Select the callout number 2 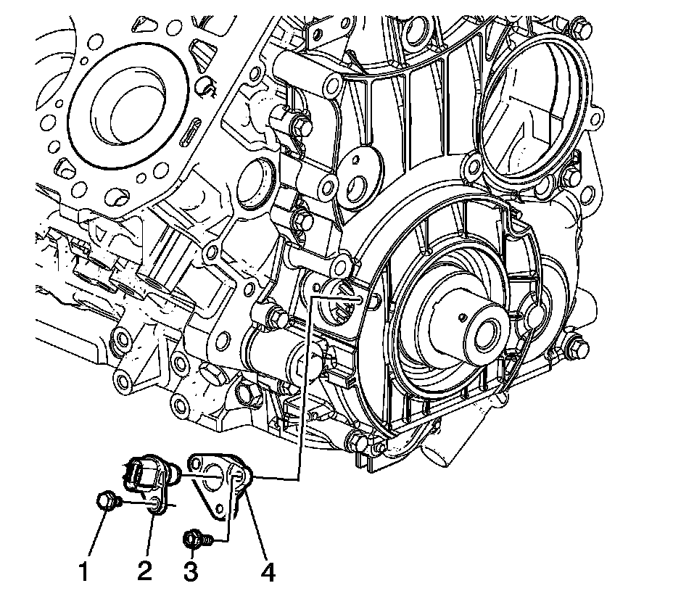click(144, 571)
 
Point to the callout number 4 click(268, 571)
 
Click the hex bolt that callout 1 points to click(107, 501)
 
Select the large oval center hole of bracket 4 click(212, 477)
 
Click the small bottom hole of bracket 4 click(220, 509)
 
